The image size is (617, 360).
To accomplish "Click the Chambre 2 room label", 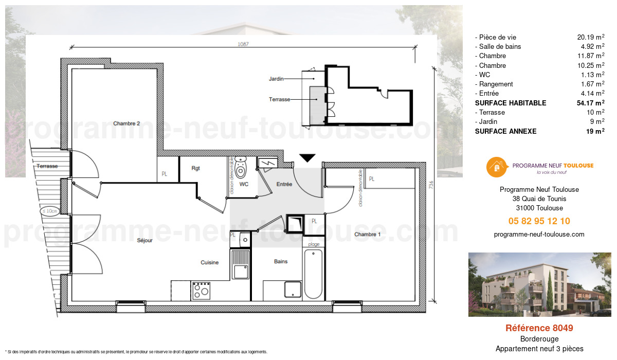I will [126, 123].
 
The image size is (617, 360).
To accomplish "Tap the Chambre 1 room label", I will [368, 235].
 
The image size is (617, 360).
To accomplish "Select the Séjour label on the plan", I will [144, 240].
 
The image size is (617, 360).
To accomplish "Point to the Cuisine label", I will [209, 262].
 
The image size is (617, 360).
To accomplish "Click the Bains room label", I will [281, 262].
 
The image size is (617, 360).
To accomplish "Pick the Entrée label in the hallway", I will [284, 184].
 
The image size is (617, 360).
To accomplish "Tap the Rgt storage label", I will [195, 168].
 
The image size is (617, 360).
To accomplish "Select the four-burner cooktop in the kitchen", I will [201, 291].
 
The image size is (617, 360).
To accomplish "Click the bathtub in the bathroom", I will [313, 274].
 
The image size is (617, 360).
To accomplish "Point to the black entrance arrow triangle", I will [307, 158].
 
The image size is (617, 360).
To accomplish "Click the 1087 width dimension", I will [243, 44].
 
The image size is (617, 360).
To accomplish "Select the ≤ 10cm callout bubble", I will [50, 211].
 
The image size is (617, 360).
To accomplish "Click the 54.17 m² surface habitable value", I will [590, 103].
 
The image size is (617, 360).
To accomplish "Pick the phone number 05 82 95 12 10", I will [539, 221].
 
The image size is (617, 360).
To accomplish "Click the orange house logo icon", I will [496, 167].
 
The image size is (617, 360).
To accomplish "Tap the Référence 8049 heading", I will [539, 328].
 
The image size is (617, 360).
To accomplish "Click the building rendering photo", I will [539, 284].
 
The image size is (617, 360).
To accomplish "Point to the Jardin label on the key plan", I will [276, 79].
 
